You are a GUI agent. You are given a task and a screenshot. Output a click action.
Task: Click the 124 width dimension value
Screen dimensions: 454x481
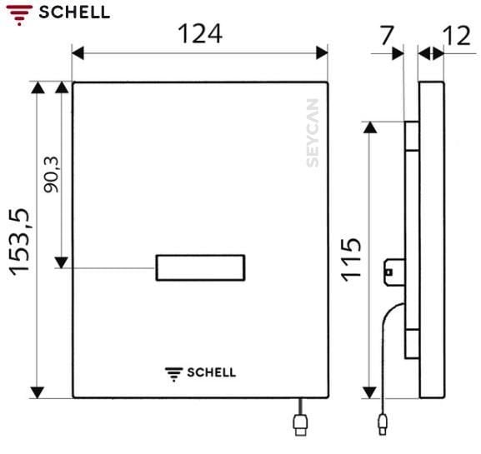pyautogui.click(x=200, y=34)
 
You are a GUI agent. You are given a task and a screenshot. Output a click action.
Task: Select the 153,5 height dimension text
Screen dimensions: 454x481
pyautogui.click(x=20, y=241)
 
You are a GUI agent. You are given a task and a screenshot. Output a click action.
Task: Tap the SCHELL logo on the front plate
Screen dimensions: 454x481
pyautogui.click(x=200, y=372)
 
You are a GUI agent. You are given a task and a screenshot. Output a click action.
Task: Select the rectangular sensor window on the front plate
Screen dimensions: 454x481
pyautogui.click(x=200, y=267)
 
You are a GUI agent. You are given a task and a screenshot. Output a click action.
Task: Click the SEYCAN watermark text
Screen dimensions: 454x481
pyautogui.click(x=312, y=134)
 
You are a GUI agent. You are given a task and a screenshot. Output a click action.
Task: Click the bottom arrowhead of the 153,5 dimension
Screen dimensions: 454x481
pyautogui.click(x=37, y=392)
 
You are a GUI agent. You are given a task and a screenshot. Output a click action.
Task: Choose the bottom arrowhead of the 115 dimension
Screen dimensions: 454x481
pyautogui.click(x=371, y=392)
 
